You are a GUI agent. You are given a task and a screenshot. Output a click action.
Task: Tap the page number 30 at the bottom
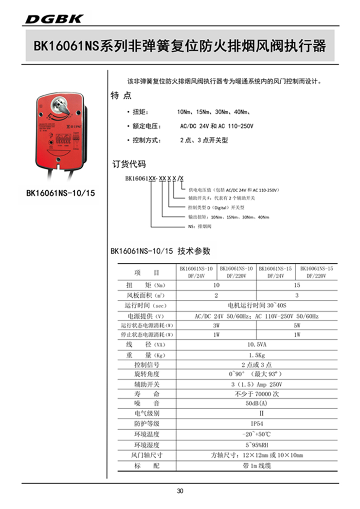pyautogui.click(x=180, y=491)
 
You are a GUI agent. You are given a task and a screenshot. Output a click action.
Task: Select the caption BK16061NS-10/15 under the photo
pyautogui.click(x=60, y=193)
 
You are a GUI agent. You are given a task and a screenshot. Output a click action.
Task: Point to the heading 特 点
pyautogui.click(x=121, y=96)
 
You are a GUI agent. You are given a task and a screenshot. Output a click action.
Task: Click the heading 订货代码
pyautogui.click(x=129, y=164)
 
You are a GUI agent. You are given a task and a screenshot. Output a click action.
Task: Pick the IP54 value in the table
pyautogui.click(x=257, y=423)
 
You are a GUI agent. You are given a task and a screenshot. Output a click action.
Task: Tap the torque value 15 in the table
pyautogui.click(x=297, y=285)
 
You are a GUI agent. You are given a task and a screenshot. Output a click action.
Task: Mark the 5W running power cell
pyautogui.click(x=297, y=325)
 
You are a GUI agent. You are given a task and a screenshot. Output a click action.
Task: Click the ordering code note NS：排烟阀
pyautogui.click(x=200, y=226)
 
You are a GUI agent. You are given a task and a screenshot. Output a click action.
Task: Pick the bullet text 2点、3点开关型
pyautogui.click(x=203, y=140)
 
